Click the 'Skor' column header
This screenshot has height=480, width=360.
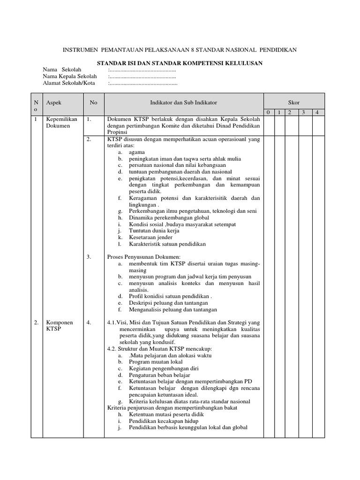293,102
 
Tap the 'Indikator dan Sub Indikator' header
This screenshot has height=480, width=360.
183,102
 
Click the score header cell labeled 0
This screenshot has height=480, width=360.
268,112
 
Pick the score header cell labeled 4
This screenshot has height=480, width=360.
317,112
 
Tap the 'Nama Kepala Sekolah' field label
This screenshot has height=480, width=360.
69,76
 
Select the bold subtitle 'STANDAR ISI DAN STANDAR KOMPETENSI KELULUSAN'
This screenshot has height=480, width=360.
180,63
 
